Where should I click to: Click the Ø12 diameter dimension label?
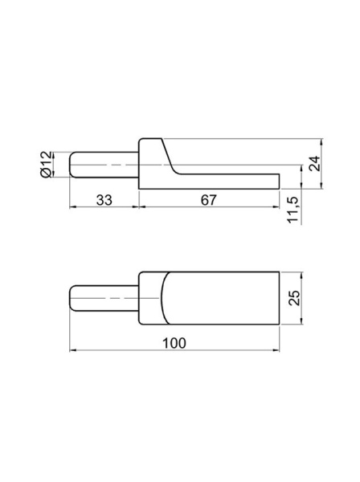[46, 164]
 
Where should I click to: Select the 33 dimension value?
[104, 200]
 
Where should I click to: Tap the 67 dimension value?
[209, 200]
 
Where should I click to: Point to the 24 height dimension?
[314, 163]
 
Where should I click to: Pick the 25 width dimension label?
[295, 297]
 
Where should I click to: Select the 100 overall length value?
[174, 343]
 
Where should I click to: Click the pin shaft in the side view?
[104, 165]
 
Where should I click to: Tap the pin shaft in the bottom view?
[104, 298]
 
